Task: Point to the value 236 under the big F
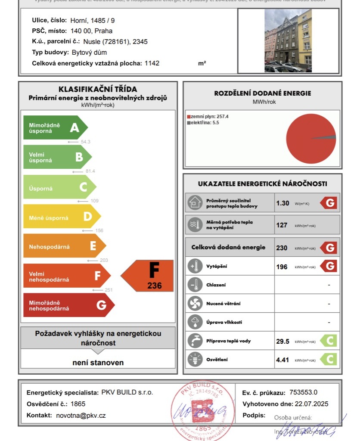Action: click(154, 285)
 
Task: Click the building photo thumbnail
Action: click(288, 40)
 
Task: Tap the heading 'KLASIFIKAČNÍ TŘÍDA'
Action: click(98, 90)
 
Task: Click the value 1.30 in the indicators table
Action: click(282, 203)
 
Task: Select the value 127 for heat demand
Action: click(282, 225)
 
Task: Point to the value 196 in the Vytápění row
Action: click(282, 267)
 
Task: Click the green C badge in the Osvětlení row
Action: click(329, 359)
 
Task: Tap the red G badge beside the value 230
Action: click(329, 248)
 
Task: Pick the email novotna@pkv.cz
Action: click(81, 416)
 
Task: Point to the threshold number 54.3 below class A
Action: click(85, 142)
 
